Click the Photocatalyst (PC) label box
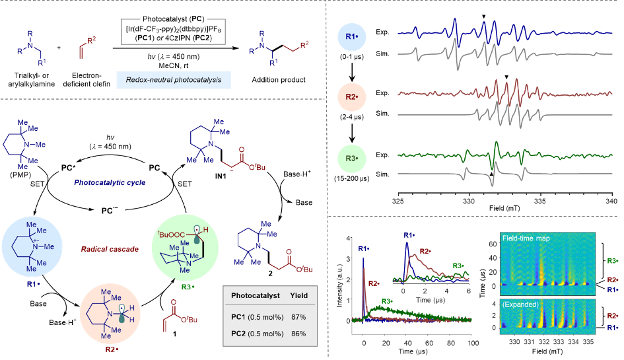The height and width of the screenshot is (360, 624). (x=174, y=20)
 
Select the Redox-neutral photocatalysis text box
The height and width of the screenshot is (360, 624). (x=174, y=81)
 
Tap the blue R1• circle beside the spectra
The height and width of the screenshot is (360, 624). (x=353, y=34)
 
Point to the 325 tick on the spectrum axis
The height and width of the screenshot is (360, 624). (x=398, y=199)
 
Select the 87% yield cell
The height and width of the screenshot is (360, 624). (x=298, y=318)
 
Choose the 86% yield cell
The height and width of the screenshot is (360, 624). (x=298, y=334)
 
